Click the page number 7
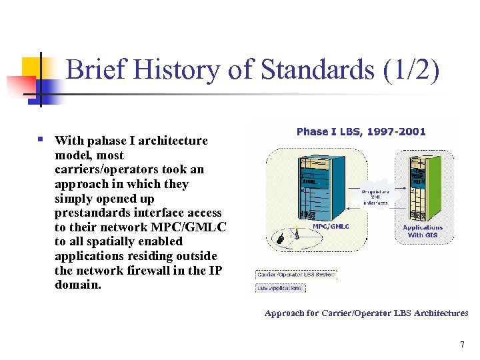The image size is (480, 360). [x=461, y=345]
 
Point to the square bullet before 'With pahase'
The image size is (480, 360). [x=41, y=140]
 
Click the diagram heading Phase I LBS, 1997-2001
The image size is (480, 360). [x=361, y=131]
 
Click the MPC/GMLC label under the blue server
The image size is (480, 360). [x=331, y=226]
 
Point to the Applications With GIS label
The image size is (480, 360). [x=423, y=231]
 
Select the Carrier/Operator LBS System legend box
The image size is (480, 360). [x=297, y=275]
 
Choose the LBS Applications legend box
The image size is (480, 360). [x=280, y=288]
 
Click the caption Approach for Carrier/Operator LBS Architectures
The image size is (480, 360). [x=366, y=313]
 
